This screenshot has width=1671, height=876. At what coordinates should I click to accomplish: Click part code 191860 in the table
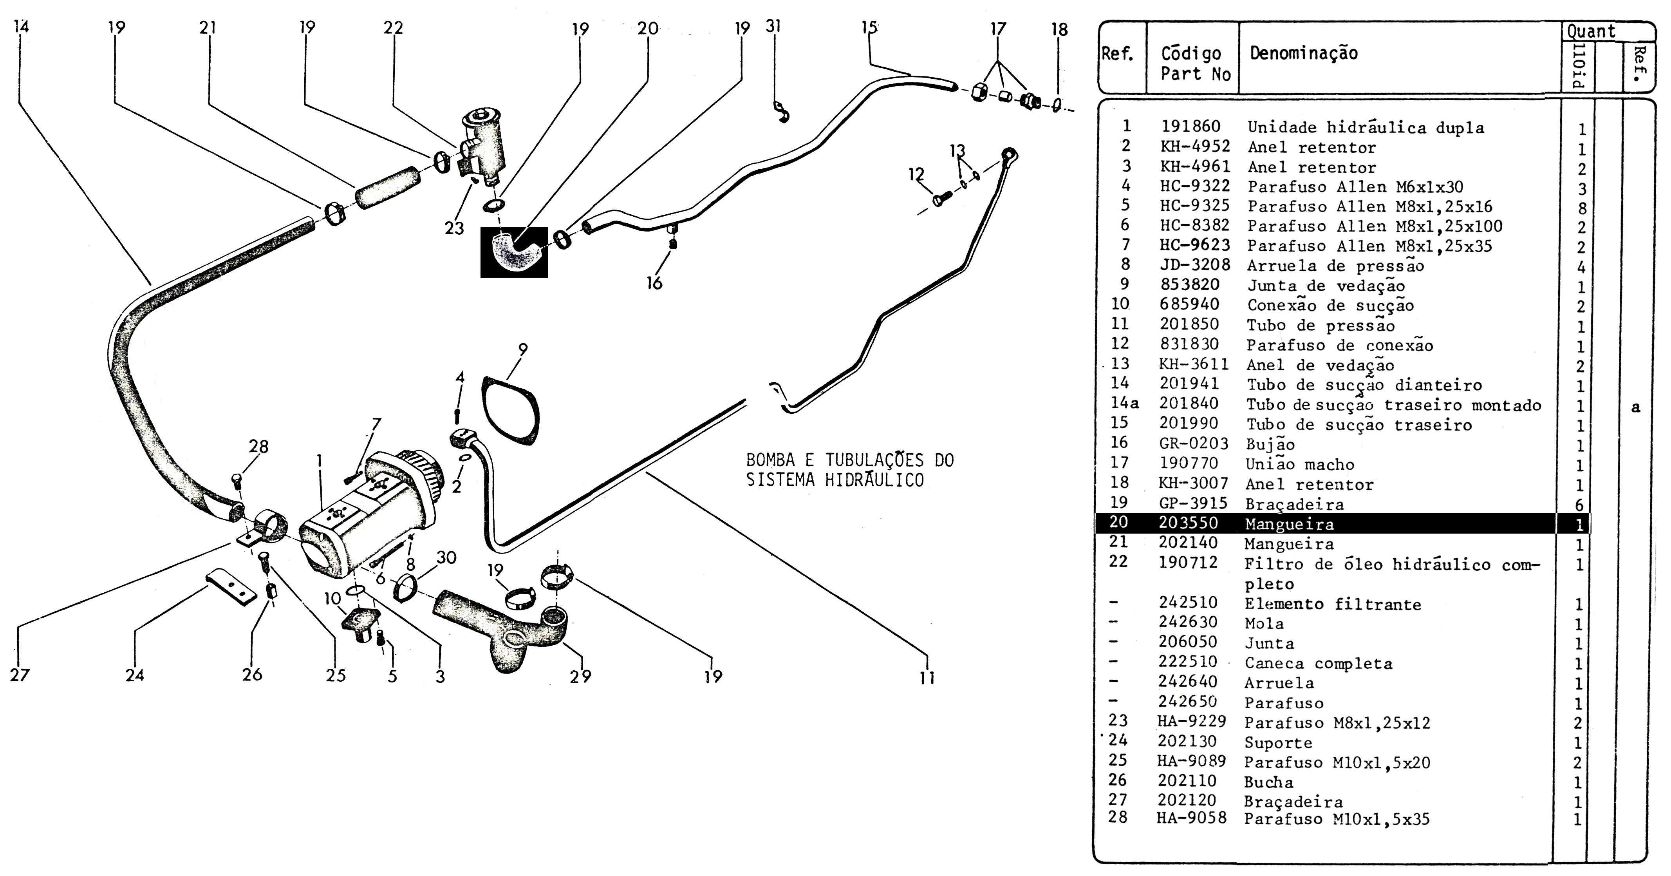1190,127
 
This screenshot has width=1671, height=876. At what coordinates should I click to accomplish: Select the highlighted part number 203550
1189,523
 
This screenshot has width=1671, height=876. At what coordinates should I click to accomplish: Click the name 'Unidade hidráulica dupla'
1366,127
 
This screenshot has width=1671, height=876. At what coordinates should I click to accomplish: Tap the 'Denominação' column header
1304,53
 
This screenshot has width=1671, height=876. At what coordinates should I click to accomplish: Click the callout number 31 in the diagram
773,27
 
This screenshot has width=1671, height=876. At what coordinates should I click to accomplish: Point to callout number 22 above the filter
393,28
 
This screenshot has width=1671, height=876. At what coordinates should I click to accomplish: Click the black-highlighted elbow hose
514,252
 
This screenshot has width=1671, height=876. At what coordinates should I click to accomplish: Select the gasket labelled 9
511,410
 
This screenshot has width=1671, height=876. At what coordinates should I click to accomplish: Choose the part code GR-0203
1194,444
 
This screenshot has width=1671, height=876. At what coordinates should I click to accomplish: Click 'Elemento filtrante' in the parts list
1332,604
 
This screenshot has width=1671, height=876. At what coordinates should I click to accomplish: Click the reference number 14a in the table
1124,404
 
